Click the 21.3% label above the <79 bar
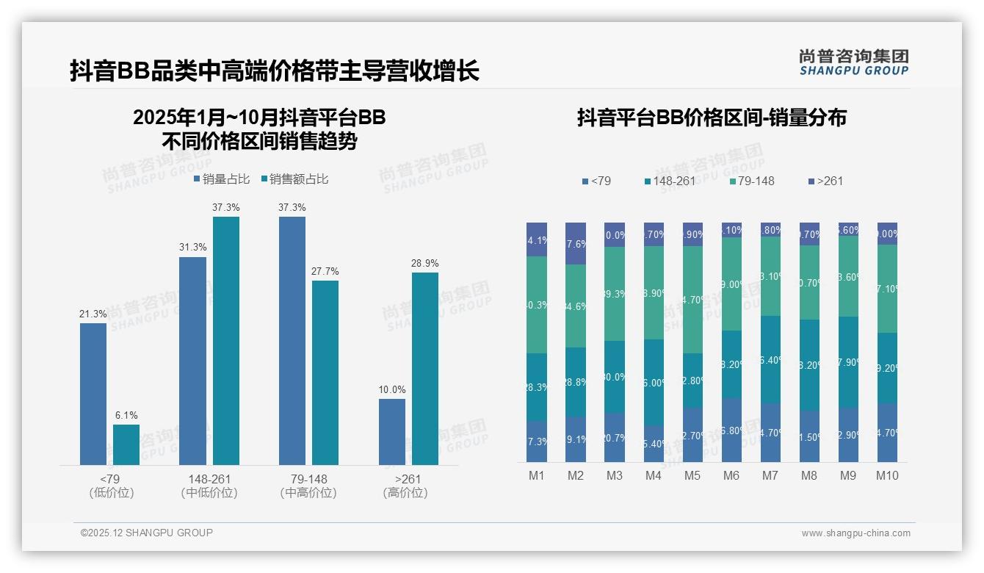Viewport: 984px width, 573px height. point(93,314)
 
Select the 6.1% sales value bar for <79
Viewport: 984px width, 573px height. point(126,444)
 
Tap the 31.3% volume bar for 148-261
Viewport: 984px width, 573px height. point(192,361)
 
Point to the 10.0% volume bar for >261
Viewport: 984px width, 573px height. point(392,432)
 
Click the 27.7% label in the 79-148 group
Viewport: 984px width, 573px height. point(325,272)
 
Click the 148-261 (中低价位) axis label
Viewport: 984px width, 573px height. point(209,486)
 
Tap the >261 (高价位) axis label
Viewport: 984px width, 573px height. point(405,486)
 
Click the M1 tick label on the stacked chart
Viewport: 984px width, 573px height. point(537,475)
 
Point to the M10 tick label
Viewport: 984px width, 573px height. point(887,475)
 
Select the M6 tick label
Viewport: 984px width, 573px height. point(731,475)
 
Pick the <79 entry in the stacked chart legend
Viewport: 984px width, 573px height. point(596,181)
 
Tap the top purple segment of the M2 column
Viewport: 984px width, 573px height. point(576,243)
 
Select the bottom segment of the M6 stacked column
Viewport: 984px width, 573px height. point(731,430)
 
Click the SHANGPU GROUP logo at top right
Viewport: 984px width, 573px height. point(853,62)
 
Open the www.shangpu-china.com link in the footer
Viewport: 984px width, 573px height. point(855,533)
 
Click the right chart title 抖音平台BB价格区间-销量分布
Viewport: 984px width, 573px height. point(712,118)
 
